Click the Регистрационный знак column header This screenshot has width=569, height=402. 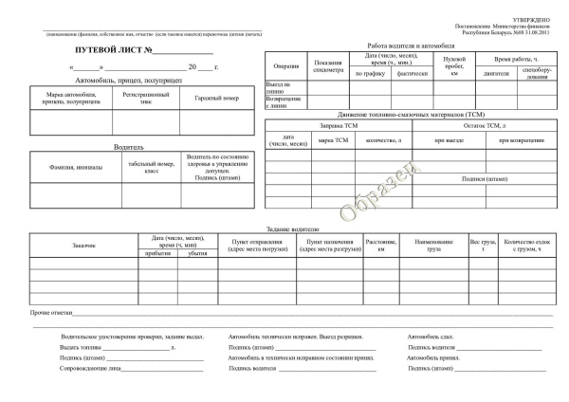pyautogui.click(x=145, y=99)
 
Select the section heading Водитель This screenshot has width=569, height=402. pyautogui.click(x=129, y=148)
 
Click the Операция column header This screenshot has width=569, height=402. pyautogui.click(x=285, y=65)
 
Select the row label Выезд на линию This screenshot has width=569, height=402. pyautogui.click(x=280, y=87)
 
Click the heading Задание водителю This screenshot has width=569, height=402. pyautogui.click(x=294, y=228)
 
